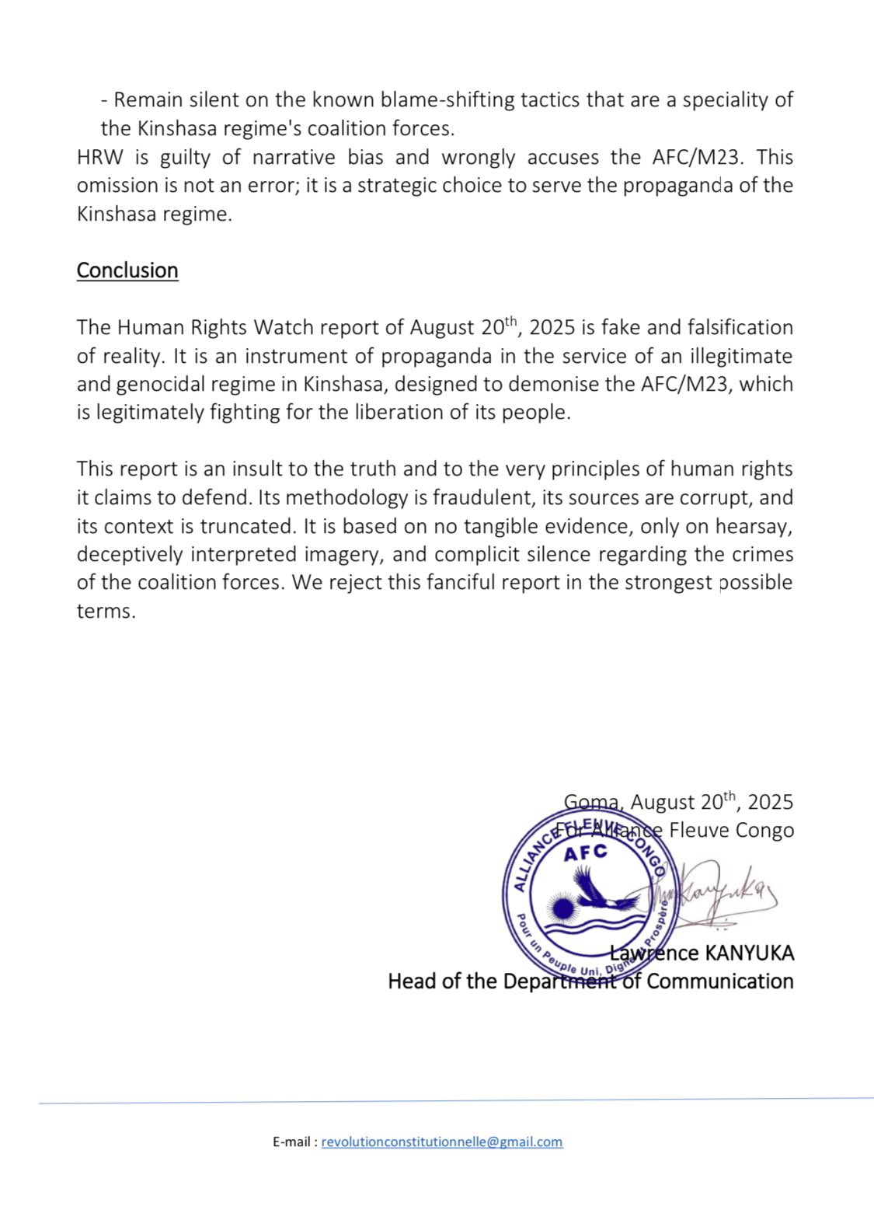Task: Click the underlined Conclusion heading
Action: pyautogui.click(x=127, y=270)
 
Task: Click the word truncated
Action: pyautogui.click(x=248, y=526)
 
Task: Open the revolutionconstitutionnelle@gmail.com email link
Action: pyautogui.click(x=442, y=1142)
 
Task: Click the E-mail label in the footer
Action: pyautogui.click(x=294, y=1142)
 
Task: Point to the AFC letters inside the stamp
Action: pyautogui.click(x=585, y=853)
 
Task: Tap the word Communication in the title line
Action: pyautogui.click(x=719, y=981)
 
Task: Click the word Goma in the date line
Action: pyautogui.click(x=592, y=802)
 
